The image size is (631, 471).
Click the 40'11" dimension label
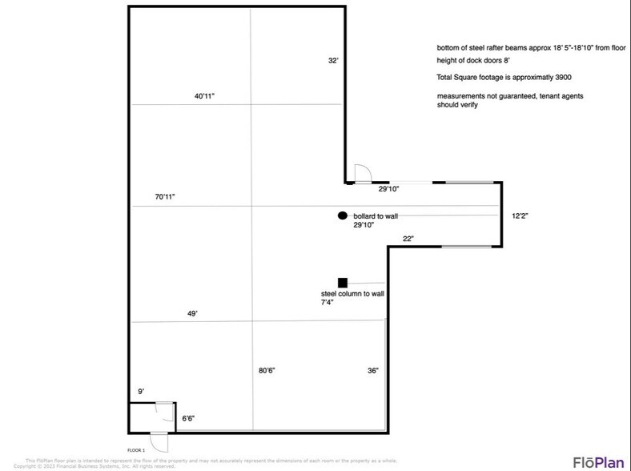204,96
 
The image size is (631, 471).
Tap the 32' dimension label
333,60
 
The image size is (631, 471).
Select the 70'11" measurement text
165,196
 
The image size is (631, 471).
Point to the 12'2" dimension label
520,215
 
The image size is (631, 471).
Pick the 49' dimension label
192,314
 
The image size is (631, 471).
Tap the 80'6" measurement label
268,370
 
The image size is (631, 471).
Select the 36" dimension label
372,370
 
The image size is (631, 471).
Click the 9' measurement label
141,392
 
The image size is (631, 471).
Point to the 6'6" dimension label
189,417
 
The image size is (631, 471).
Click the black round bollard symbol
342,215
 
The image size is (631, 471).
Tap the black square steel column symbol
343,282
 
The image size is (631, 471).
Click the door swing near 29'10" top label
360,173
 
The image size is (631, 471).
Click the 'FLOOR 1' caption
137,450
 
